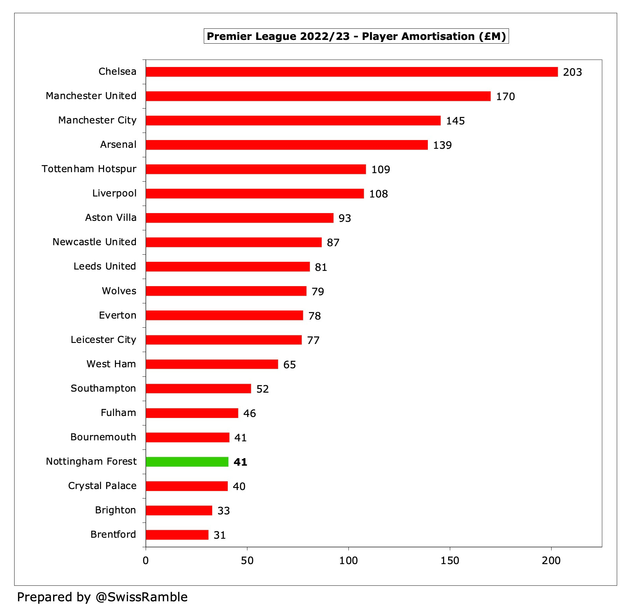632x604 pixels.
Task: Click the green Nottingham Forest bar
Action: pyautogui.click(x=187, y=462)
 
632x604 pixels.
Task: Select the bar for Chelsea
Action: pyautogui.click(x=351, y=72)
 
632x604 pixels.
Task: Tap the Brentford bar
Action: pyautogui.click(x=177, y=535)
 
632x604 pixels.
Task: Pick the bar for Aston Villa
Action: pyautogui.click(x=240, y=218)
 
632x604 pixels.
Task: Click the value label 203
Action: pyautogui.click(x=572, y=72)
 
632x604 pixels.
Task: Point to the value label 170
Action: pyautogui.click(x=505, y=96)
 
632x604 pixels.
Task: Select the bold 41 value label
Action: pyautogui.click(x=240, y=462)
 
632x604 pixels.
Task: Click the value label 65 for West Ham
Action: pyautogui.click(x=289, y=365)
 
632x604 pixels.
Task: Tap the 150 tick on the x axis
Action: pyautogui.click(x=449, y=561)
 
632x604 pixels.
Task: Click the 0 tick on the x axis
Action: pyautogui.click(x=146, y=561)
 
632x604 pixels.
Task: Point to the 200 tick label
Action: pyautogui.click(x=551, y=561)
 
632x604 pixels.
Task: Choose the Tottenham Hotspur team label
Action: pyautogui.click(x=89, y=169)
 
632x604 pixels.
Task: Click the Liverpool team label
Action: pyautogui.click(x=114, y=193)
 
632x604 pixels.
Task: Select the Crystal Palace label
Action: pyautogui.click(x=102, y=486)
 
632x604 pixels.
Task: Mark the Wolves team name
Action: pyautogui.click(x=119, y=291)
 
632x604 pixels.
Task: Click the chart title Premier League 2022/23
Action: pyautogui.click(x=356, y=36)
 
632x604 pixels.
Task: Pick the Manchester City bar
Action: pyautogui.click(x=293, y=120)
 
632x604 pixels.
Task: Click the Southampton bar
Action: pyautogui.click(x=198, y=389)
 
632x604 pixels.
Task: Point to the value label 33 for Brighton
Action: pyautogui.click(x=223, y=511)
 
